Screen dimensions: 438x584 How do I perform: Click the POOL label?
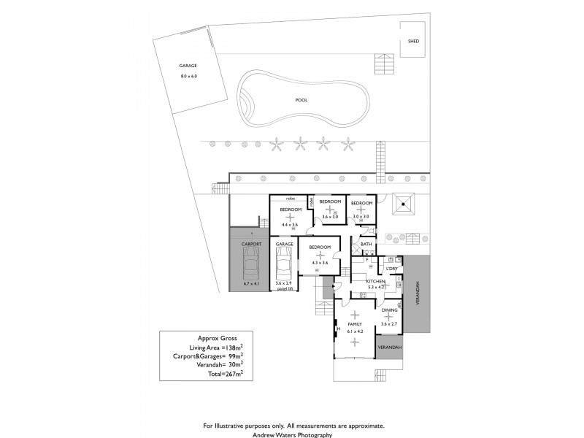(301, 100)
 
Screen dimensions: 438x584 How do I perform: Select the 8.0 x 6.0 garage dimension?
(188, 76)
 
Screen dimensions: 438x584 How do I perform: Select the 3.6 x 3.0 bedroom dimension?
(330, 217)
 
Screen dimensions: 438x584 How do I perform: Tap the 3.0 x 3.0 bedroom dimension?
(361, 217)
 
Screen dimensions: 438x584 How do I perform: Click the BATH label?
(366, 245)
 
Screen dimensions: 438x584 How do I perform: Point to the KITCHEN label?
(375, 281)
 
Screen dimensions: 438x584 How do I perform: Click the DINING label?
(389, 310)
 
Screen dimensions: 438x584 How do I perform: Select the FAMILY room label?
(355, 323)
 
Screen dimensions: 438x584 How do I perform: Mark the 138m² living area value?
(233, 348)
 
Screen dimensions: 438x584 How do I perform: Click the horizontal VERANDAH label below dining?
(389, 348)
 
